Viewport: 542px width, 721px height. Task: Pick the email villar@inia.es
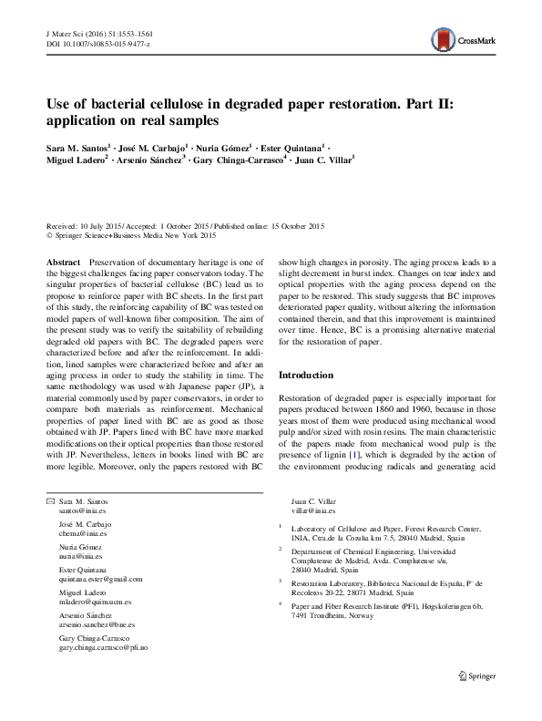click(312, 512)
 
